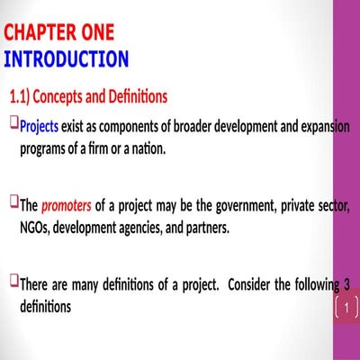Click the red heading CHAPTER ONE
pos(59,33)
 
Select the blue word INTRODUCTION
pos(67,59)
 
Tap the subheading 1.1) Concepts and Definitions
pos(88,95)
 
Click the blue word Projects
pos(39,126)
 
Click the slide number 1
pos(346,308)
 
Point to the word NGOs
pos(34,228)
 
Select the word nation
pos(148,148)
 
